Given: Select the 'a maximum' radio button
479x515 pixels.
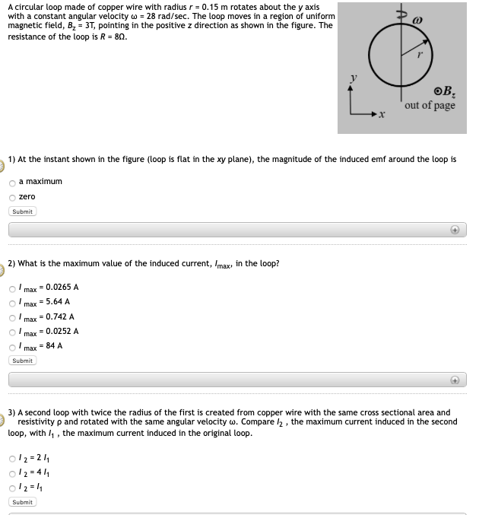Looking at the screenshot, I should point(12,183).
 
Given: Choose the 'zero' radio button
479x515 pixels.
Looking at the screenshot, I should point(12,197).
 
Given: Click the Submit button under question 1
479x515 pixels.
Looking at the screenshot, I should point(23,211).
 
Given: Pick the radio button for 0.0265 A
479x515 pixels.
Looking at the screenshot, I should point(12,288).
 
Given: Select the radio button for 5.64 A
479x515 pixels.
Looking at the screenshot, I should point(12,303).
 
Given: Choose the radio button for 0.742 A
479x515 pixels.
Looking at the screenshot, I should point(12,317).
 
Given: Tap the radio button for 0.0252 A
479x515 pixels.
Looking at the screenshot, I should point(12,332).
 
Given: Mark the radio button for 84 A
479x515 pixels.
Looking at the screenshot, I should point(12,346).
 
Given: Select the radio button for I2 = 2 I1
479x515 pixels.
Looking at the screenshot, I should point(12,459).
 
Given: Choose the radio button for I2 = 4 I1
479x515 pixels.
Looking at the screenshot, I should point(12,473).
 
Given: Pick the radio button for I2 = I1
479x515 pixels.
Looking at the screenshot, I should point(12,488).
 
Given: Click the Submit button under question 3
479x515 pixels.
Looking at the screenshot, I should point(23,502).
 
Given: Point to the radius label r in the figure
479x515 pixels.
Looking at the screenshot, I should point(420,54).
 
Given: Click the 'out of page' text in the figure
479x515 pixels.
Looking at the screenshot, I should point(430,106).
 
